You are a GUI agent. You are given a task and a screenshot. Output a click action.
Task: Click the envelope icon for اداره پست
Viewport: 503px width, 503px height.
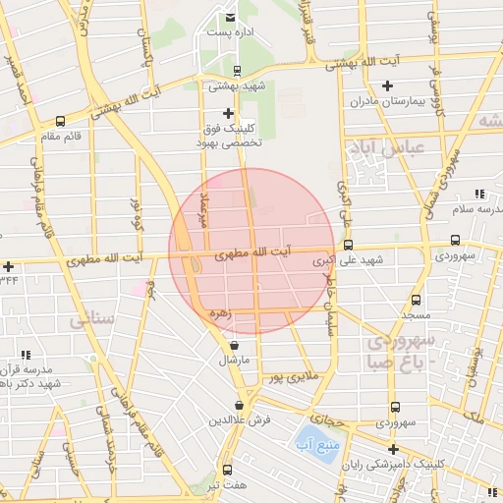(231, 18)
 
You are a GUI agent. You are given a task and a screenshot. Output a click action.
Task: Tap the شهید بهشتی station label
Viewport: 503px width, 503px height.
(237, 85)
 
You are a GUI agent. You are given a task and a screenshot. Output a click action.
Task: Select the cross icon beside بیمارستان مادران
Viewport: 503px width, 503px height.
(387, 85)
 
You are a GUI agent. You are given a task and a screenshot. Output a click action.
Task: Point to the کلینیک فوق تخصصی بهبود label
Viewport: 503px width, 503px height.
(232, 135)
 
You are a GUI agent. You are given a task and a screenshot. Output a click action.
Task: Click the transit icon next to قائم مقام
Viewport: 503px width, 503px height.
(61, 123)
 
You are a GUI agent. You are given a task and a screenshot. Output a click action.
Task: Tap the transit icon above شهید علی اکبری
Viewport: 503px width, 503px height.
(348, 245)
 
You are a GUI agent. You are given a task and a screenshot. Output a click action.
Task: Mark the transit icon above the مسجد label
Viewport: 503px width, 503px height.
(416, 300)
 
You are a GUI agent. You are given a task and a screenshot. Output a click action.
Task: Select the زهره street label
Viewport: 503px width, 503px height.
(219, 313)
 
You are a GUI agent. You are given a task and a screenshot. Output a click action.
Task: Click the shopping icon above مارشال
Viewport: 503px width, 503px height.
(234, 346)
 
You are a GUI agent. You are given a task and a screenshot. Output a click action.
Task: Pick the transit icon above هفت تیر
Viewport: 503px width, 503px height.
(228, 470)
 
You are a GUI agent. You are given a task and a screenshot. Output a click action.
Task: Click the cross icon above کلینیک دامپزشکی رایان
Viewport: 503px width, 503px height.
(394, 449)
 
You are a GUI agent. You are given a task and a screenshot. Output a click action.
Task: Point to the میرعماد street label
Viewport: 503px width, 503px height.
(202, 207)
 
